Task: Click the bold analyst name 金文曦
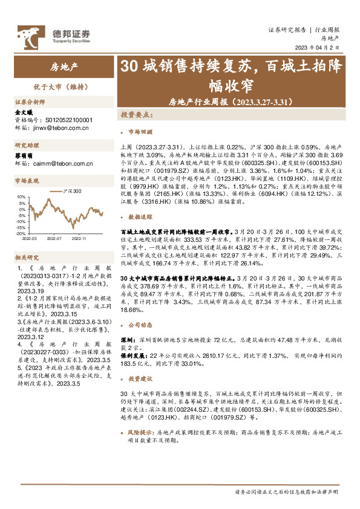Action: [x=22, y=112]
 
